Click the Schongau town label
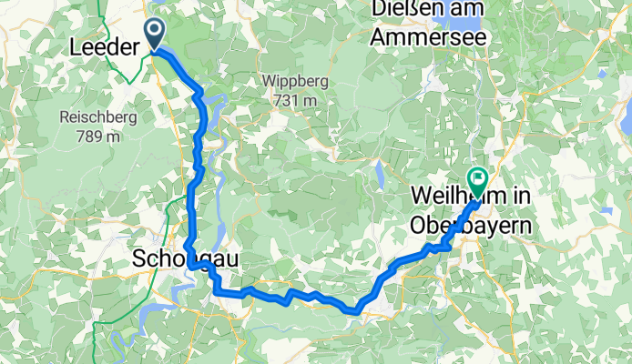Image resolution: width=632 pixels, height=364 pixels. tap(186, 259)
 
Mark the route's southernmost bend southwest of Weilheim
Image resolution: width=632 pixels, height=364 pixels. tap(354, 310)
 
